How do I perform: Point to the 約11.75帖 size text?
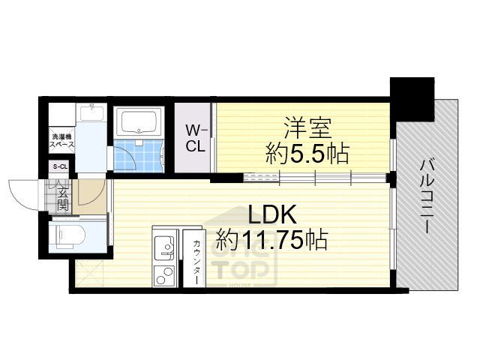[271, 240]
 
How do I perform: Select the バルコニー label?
[428, 195]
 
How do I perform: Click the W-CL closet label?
[196, 138]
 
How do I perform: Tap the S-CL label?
[59, 167]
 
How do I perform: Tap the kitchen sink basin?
[163, 244]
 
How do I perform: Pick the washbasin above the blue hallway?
[91, 115]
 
